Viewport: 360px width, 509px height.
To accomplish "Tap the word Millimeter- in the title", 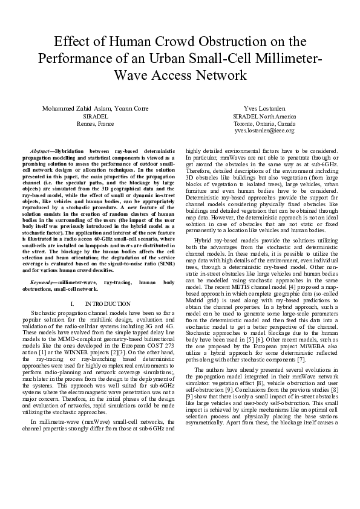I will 283,59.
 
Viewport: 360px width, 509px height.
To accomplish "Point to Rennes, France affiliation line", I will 95,123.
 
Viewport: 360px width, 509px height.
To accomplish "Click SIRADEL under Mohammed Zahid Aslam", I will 95,115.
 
